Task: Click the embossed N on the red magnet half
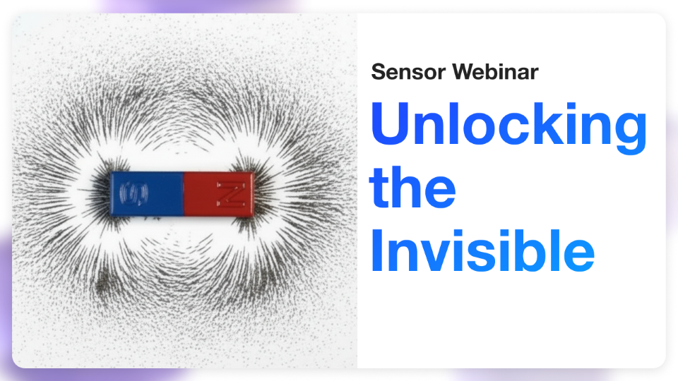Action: coord(231,194)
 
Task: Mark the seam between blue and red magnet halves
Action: coord(183,193)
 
